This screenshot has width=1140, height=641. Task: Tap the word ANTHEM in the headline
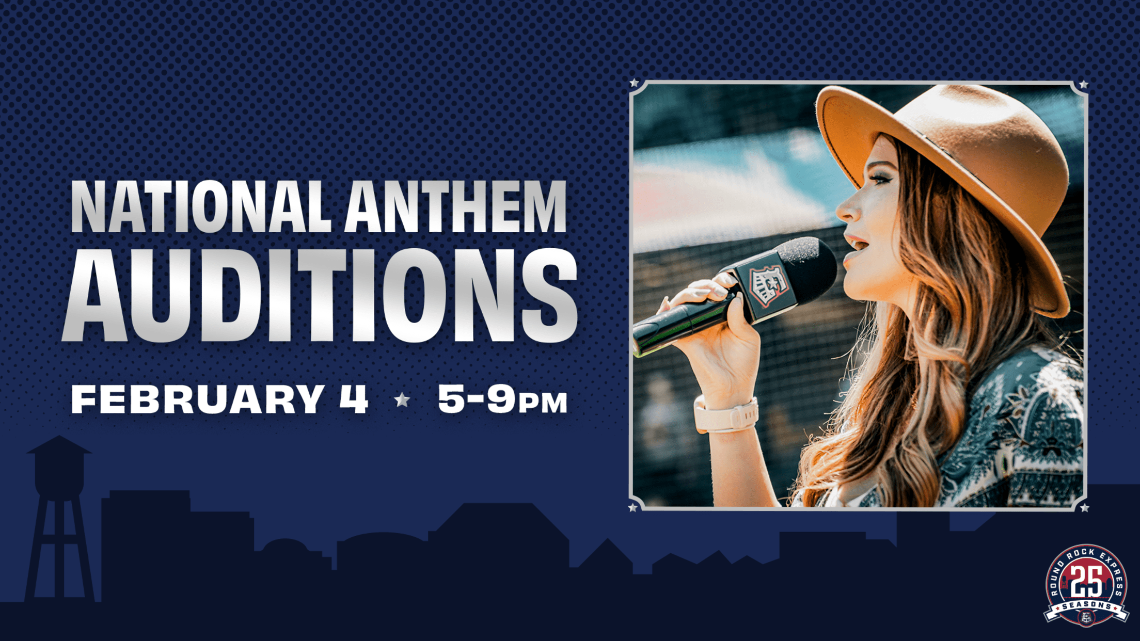click(x=456, y=207)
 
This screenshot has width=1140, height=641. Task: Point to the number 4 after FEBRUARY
click(x=354, y=399)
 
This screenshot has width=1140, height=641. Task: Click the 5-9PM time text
click(x=502, y=399)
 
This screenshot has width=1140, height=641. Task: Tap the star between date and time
click(x=402, y=399)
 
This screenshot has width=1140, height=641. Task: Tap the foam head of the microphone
click(x=811, y=268)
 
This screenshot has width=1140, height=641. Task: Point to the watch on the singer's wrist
click(x=725, y=415)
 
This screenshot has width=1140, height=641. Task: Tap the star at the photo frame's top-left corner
click(x=635, y=83)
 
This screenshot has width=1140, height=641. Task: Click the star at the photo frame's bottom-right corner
click(x=1084, y=508)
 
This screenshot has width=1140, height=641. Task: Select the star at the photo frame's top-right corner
click(x=1084, y=84)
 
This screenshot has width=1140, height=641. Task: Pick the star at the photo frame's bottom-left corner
click(x=633, y=508)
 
